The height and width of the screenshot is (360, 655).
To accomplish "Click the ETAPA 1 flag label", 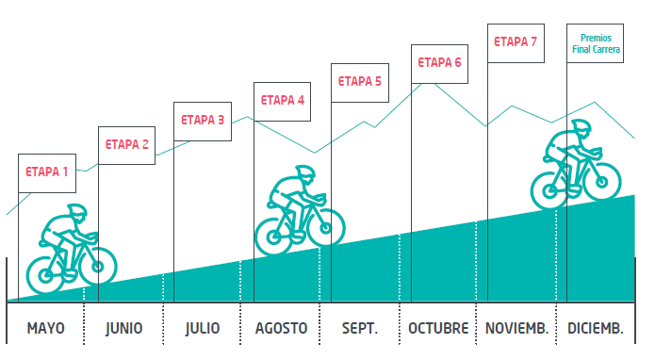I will (x=46, y=172).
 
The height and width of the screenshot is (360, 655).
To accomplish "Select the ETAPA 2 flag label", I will (x=126, y=145).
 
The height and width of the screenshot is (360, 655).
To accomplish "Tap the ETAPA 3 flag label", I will (x=203, y=121).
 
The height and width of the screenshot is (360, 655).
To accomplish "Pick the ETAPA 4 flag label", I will (x=283, y=101).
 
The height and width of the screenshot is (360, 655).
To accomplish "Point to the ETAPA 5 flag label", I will (x=359, y=82).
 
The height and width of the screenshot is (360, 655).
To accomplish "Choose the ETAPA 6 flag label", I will (x=439, y=63).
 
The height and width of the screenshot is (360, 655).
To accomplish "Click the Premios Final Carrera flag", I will (x=596, y=44).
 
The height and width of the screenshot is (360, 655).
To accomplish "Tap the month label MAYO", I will (x=45, y=328).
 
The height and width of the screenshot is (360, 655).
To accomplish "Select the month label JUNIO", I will (x=124, y=328).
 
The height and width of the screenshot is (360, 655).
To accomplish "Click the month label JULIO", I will (x=203, y=328).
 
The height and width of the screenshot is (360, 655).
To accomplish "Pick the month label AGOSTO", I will (x=281, y=328).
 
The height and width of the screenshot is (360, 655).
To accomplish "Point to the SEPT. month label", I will (x=359, y=328).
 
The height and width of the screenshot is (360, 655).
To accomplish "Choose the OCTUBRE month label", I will (x=438, y=328).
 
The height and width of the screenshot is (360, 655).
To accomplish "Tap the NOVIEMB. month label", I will (x=516, y=328).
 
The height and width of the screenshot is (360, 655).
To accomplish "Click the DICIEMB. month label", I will (x=595, y=328).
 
